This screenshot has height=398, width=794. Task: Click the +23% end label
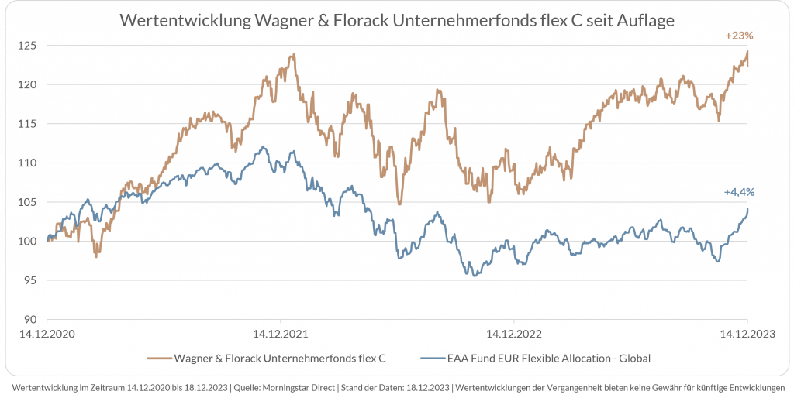pos(739,36)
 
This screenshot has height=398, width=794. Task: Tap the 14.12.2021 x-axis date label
pos(281,335)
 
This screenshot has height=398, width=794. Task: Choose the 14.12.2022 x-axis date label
pos(514,335)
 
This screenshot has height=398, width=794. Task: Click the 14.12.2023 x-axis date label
pos(747,335)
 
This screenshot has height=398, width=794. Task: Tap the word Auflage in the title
pos(645,21)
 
